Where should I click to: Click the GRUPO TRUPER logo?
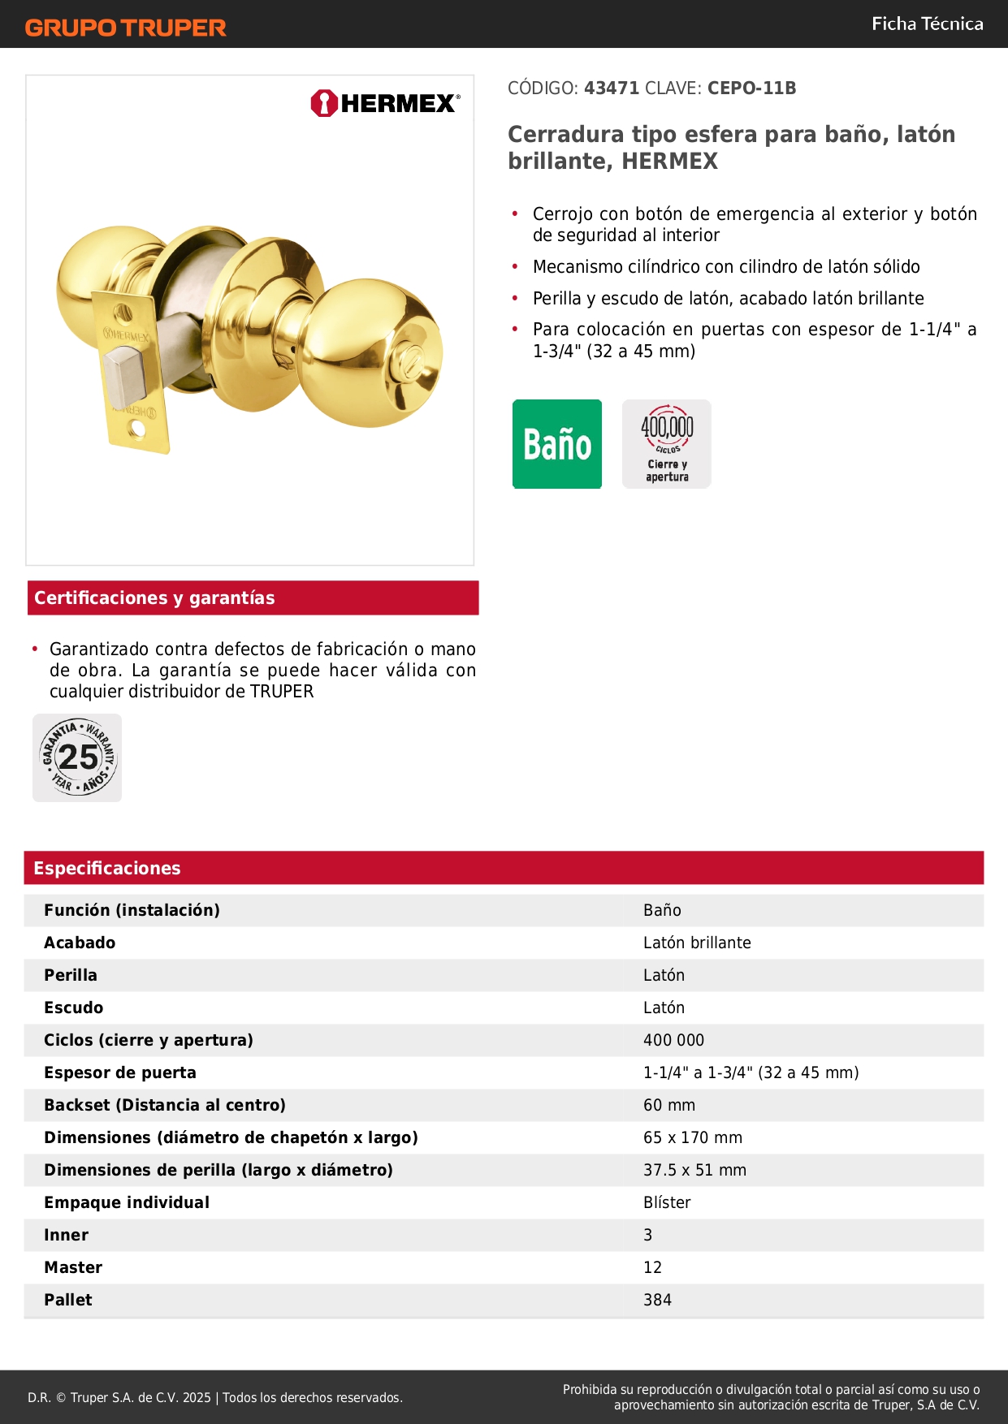pyautogui.click(x=126, y=28)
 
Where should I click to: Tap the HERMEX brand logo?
pyautogui.click(x=385, y=103)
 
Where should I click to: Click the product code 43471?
pyautogui.click(x=612, y=88)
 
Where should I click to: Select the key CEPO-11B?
pyautogui.click(x=751, y=88)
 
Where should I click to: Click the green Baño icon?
pyautogui.click(x=557, y=444)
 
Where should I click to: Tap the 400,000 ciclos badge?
pyautogui.click(x=667, y=444)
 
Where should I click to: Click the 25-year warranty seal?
pyautogui.click(x=77, y=758)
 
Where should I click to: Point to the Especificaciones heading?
pyautogui.click(x=107, y=868)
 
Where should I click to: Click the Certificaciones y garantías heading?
pyautogui.click(x=154, y=598)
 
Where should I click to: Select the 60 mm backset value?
pyautogui.click(x=669, y=1105)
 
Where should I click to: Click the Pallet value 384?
pyautogui.click(x=657, y=1300)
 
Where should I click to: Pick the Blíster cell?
pyautogui.click(x=667, y=1202)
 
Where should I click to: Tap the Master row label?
pyautogui.click(x=73, y=1267)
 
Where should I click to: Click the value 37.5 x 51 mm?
pyautogui.click(x=694, y=1170)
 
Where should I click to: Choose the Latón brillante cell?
pyautogui.click(x=697, y=943)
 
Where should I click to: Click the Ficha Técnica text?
pyautogui.click(x=927, y=24)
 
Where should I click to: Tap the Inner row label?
pyautogui.click(x=66, y=1235)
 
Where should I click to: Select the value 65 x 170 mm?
pyautogui.click(x=693, y=1137)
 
